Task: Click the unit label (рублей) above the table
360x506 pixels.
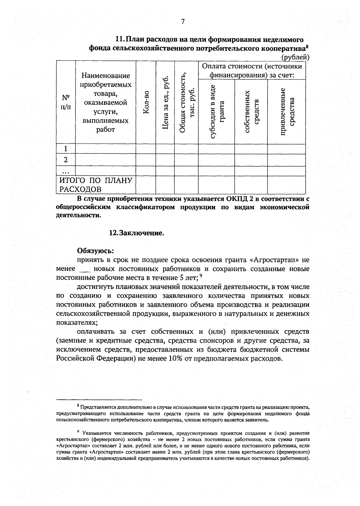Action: coord(295,57)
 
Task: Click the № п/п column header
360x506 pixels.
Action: coord(66,102)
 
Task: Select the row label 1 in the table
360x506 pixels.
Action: coord(66,149)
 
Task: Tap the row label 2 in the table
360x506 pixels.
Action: coord(66,160)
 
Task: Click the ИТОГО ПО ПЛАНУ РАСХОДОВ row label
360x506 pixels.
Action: coord(96,185)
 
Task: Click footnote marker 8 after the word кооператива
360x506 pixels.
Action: coord(307,46)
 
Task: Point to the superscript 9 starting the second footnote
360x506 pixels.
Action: coord(78,432)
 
